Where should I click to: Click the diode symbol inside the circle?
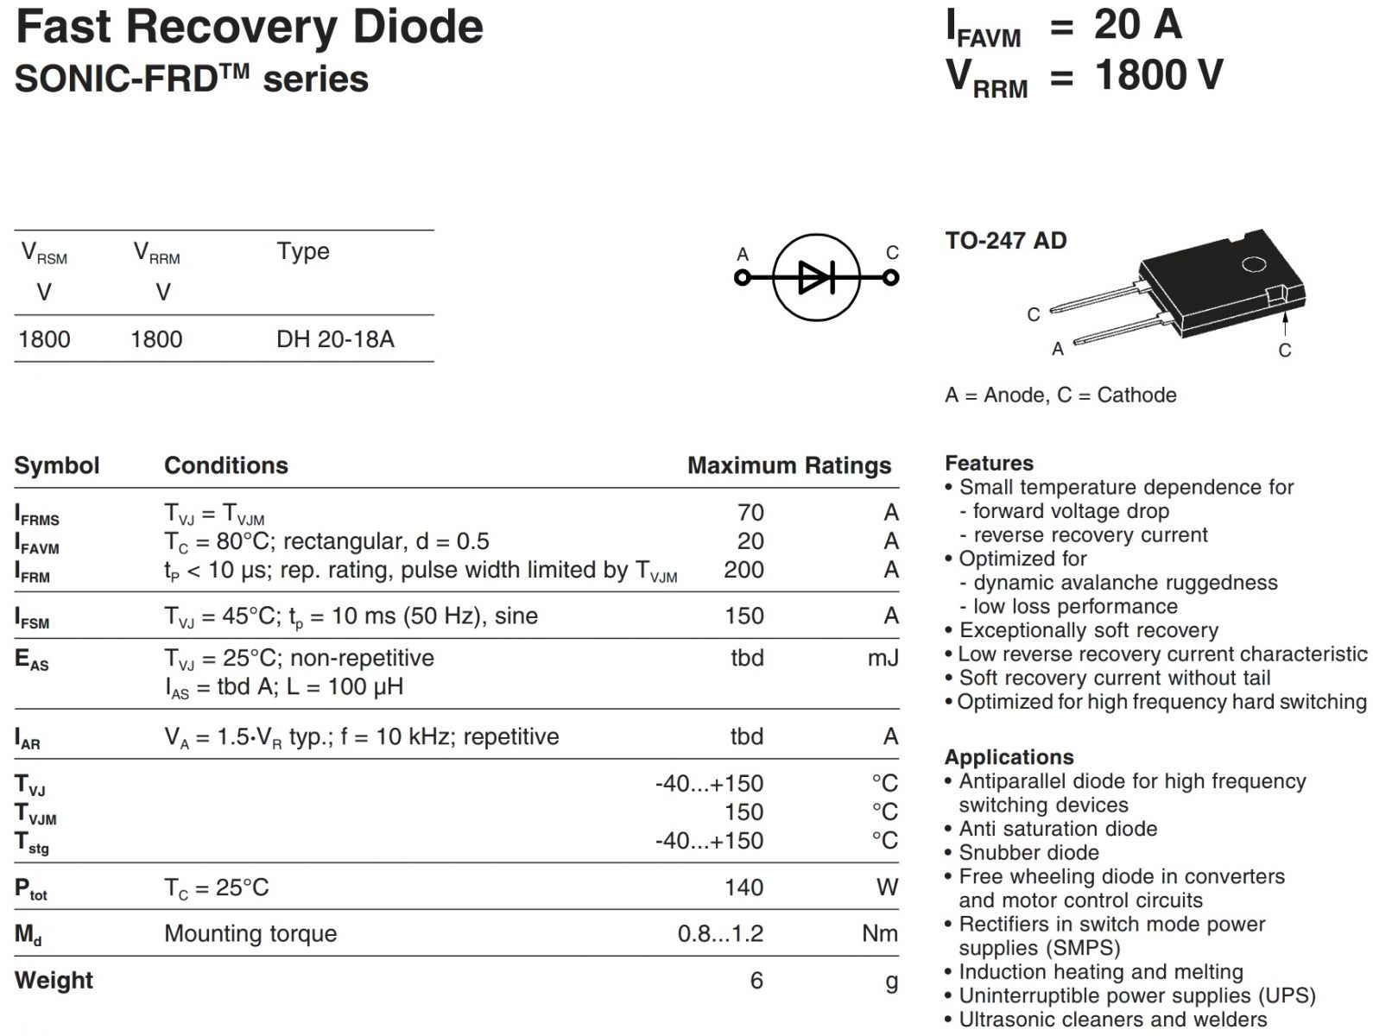pos(816,277)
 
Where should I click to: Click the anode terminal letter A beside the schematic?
pos(743,254)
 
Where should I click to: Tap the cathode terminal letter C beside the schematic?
pos(892,252)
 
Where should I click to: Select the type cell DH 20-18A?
pos(335,338)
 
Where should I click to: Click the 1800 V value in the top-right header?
pos(1159,75)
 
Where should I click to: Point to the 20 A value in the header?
pos(1137,24)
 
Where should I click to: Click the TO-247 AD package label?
pos(1005,240)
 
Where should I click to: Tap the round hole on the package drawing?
pos(1254,263)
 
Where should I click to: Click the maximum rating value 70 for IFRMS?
pos(750,512)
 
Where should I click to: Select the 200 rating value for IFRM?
pos(743,570)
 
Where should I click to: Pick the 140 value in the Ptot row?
pos(743,887)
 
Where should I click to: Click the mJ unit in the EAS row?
pos(883,658)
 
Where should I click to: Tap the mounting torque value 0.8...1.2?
pos(720,933)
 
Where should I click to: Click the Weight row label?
pos(54,980)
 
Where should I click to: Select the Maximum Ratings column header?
pos(788,465)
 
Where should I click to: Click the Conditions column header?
pos(226,465)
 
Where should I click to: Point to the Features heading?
pos(989,463)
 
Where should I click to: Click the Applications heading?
pos(1009,757)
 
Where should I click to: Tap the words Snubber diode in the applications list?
pos(1028,852)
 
